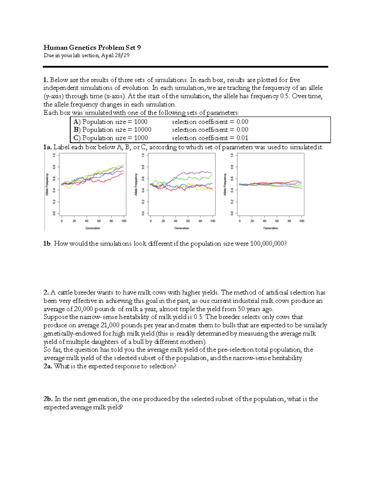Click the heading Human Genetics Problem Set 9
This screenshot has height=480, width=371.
(92, 47)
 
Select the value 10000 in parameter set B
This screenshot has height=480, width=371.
(143, 130)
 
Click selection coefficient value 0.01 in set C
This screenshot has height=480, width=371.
(242, 138)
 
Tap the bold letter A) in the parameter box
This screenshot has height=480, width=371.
(77, 122)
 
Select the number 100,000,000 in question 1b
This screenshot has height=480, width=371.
(267, 244)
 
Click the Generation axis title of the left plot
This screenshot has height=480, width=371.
(93, 228)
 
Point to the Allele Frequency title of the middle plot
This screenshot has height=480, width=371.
(136, 184)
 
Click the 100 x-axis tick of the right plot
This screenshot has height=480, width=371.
(302, 221)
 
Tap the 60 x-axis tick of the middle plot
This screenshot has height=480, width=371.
(188, 221)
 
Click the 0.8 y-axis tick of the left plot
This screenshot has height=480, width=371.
(54, 167)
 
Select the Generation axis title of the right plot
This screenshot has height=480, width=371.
(271, 228)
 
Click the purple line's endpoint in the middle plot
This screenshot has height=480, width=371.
(213, 172)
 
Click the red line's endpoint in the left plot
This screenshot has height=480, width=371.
(124, 173)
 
